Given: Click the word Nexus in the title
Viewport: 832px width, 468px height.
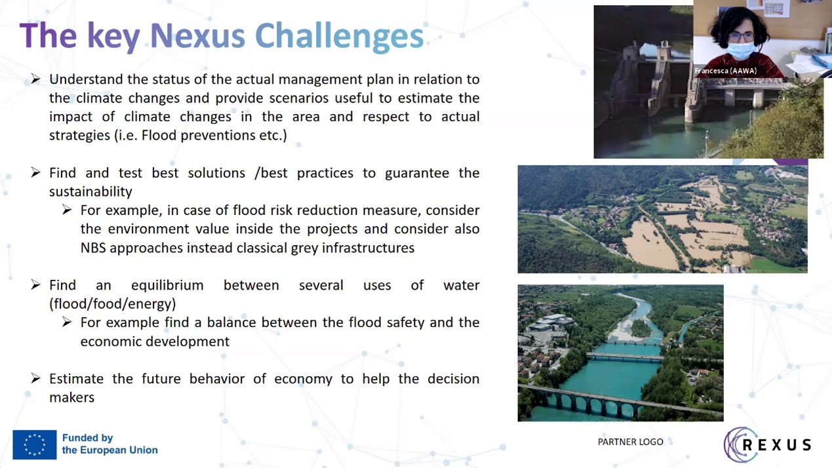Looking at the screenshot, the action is point(197,36).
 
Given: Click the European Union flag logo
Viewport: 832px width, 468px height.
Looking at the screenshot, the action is point(35,444).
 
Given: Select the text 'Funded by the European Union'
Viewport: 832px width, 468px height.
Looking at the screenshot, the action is point(110,444).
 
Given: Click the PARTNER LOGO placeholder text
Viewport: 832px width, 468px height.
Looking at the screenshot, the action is point(630,442).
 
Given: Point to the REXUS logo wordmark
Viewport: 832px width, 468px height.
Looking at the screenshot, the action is point(777,444).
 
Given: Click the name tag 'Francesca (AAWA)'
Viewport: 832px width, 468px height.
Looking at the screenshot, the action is point(725,71).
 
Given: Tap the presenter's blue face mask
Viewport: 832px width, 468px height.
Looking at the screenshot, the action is point(741,50).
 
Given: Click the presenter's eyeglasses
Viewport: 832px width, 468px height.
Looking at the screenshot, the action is point(741,37).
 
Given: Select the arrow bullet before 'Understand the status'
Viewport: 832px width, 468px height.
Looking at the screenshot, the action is point(35,79).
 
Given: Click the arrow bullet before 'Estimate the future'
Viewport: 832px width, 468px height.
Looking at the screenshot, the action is point(35,378).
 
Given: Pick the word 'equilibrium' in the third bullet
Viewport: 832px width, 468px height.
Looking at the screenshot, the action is point(167,285).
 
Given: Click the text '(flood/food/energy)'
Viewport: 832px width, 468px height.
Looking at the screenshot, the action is point(113,304).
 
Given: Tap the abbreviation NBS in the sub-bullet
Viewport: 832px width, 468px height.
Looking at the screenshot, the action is point(93,248).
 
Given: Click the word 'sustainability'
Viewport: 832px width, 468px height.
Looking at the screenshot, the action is point(90,191).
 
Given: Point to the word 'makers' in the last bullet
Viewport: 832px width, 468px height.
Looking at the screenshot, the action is point(71,397).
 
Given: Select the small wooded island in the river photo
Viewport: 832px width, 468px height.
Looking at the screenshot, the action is point(641,328).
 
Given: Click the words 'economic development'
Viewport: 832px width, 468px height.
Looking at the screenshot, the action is point(155,341).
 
